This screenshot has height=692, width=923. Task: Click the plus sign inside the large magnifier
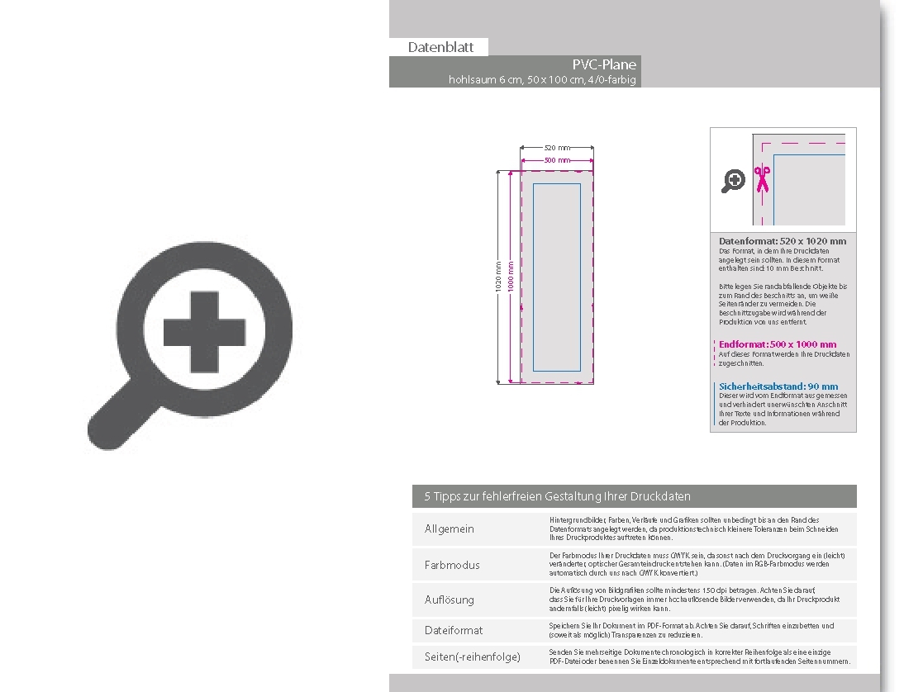click(203, 333)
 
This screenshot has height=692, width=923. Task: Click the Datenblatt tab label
click(440, 47)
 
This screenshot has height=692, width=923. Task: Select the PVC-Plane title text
click(604, 64)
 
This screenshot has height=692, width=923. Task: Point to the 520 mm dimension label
click(557, 147)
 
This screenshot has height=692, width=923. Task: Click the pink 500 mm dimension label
click(557, 159)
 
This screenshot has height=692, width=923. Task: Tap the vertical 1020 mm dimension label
click(498, 277)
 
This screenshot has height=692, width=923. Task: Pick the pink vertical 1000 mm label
click(511, 277)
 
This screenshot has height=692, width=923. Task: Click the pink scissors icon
click(761, 178)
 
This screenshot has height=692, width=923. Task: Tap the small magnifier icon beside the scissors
click(733, 181)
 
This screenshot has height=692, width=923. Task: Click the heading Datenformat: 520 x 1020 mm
click(783, 241)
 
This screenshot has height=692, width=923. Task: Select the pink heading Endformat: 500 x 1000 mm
click(778, 344)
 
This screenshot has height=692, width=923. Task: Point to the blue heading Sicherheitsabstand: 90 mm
click(778, 386)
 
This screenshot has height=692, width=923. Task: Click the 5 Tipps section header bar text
click(557, 496)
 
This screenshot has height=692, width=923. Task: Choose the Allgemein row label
click(450, 529)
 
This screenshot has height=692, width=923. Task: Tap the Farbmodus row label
click(452, 565)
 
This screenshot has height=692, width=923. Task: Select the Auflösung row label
click(450, 600)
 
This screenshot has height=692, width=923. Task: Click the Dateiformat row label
click(454, 630)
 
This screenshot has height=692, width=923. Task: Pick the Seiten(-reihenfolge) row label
click(473, 657)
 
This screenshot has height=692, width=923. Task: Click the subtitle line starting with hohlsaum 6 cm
click(542, 80)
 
